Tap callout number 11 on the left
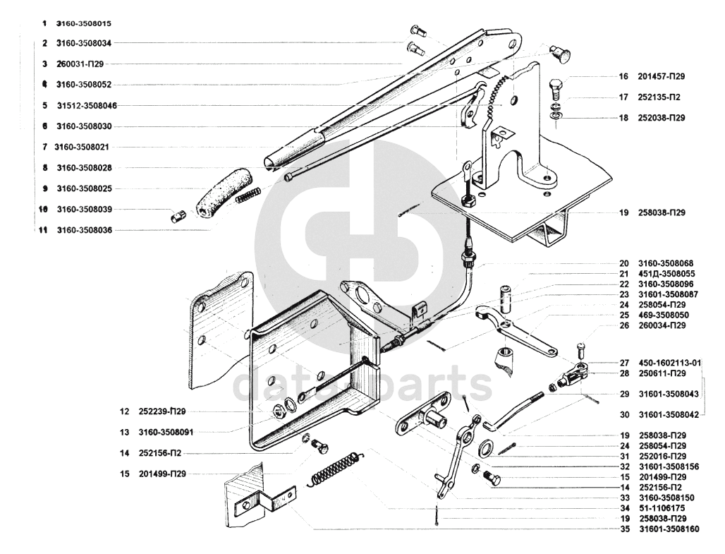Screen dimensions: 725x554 44,230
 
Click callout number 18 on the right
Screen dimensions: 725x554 623,118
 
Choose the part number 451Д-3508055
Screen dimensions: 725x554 666,273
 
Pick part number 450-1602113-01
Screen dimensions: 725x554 670,363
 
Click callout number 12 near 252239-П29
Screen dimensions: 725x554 124,411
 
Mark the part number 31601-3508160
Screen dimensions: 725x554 669,529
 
